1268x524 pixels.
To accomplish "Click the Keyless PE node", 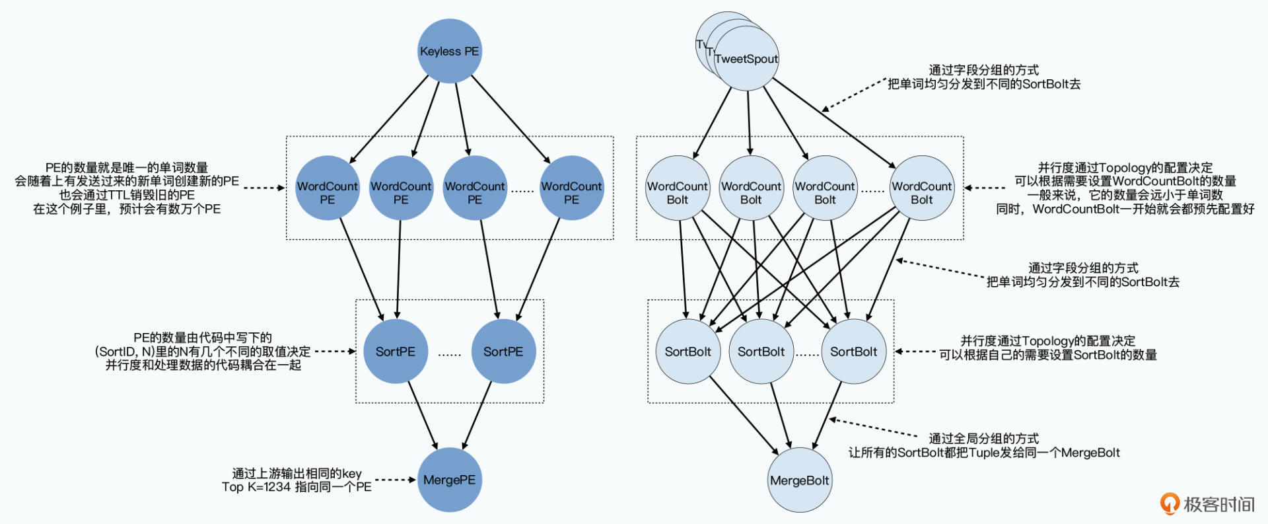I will [449, 52].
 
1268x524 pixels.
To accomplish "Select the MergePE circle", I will [449, 480].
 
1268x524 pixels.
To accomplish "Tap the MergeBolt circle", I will [799, 480].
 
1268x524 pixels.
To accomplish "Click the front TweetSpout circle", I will [747, 59].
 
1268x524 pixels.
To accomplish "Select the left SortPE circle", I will [396, 352].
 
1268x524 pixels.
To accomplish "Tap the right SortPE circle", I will [503, 352].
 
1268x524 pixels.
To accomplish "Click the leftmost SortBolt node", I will [687, 352].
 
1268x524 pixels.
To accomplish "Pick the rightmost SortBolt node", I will [853, 352].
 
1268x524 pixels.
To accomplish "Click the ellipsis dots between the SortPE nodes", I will [449, 354].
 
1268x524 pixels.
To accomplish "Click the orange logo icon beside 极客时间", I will [1170, 504].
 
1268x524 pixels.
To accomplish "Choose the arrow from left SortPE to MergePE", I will [423, 416].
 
